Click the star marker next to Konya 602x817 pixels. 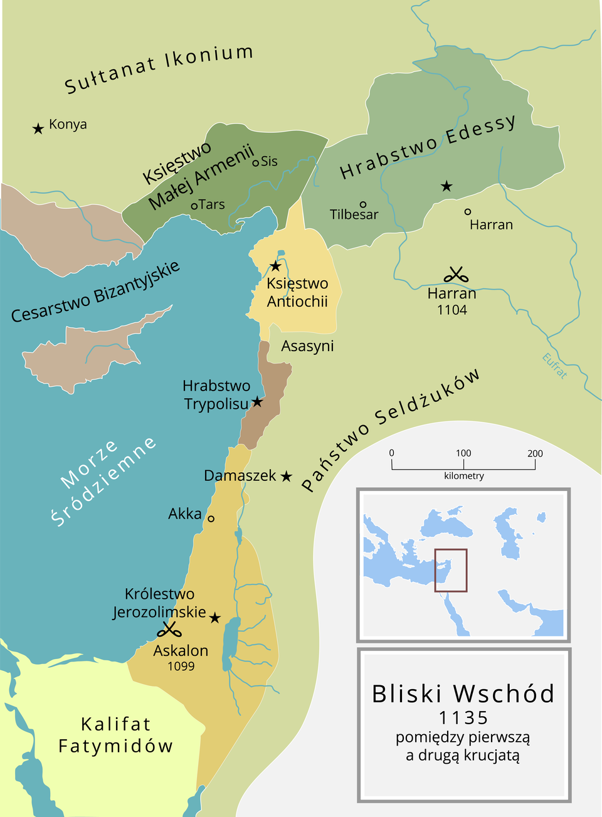point(38,129)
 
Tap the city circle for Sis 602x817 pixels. point(255,163)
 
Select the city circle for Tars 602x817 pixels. point(194,206)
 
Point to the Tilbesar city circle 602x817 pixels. point(362,204)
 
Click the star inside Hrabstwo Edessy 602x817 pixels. point(446,186)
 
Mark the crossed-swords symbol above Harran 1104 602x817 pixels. point(456,275)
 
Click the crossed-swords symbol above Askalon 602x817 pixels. point(169,630)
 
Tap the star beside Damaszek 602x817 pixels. point(286,477)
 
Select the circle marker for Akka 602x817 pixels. point(211,519)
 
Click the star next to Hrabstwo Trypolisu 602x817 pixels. point(257,401)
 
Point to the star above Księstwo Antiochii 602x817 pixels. point(275,266)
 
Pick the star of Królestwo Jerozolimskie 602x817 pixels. point(214,618)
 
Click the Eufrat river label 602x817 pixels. point(554,366)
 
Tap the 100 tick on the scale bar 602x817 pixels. point(463,464)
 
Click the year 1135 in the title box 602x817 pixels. point(463,717)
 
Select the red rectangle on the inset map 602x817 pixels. point(450,570)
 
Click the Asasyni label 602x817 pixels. point(307,346)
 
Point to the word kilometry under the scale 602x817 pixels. point(463,476)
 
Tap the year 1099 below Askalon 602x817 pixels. point(181,667)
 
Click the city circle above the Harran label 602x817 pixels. point(468,212)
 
